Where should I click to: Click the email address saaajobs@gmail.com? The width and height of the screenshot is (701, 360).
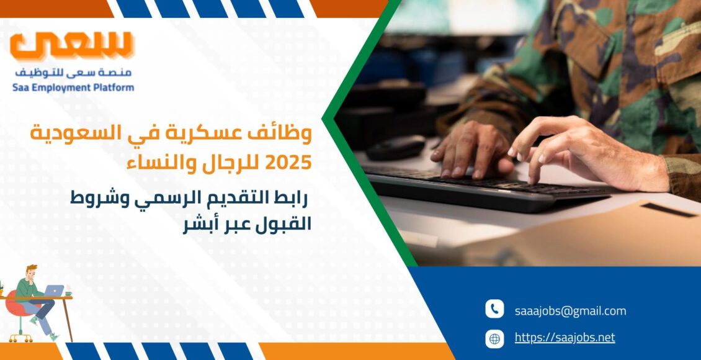coord(570,311)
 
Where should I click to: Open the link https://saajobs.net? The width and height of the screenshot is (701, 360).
coord(565,337)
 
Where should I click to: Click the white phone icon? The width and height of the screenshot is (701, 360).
coord(494,309)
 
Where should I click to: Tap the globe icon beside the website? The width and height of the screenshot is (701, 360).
coord(494,338)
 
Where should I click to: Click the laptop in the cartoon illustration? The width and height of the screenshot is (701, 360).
coord(55,290)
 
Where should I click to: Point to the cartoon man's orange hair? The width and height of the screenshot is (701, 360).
coord(31,269)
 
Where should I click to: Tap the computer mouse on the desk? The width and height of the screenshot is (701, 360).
coord(396,148)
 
